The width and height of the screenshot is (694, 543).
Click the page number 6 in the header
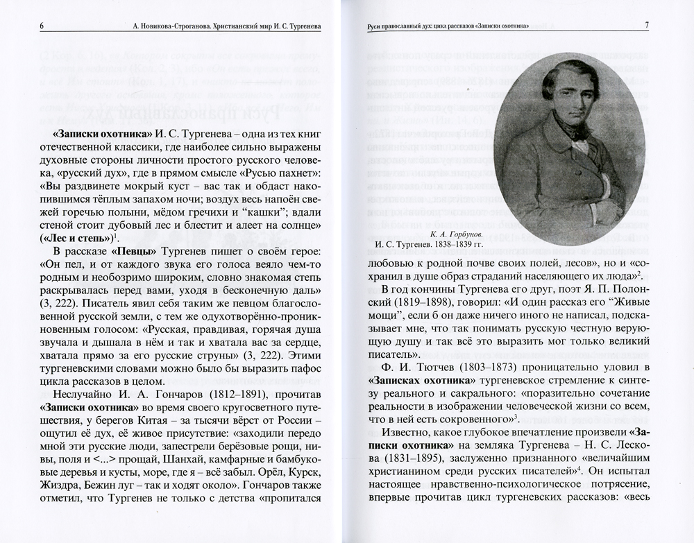[x=42, y=26]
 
